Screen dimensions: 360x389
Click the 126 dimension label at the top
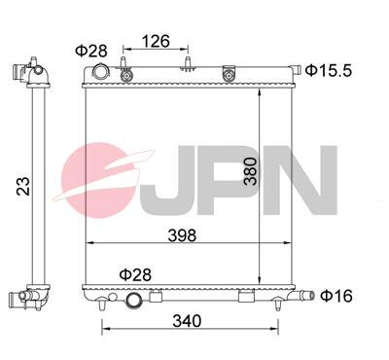click(156, 42)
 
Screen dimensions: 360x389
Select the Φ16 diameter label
click(337, 295)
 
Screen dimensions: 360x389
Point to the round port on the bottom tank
click(134, 302)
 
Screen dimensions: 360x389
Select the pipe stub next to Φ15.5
click(293, 70)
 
